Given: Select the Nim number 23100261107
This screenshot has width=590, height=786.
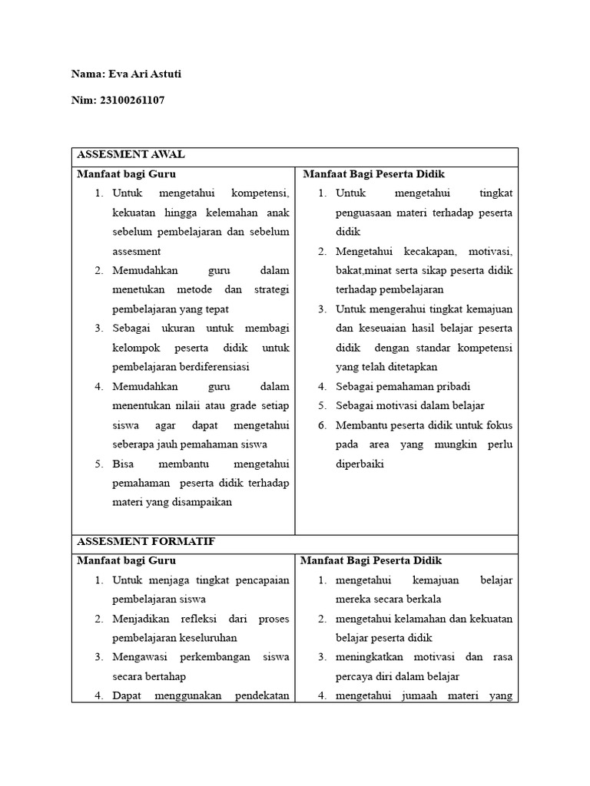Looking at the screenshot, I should tap(131, 100).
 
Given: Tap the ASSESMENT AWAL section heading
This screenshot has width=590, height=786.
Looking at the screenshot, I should tap(130, 154).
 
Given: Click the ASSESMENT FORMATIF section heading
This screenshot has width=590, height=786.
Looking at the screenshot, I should tap(145, 541).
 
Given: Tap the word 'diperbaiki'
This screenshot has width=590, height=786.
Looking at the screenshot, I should tap(360, 464).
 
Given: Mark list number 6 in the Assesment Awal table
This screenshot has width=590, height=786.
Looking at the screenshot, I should tap(323, 425).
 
